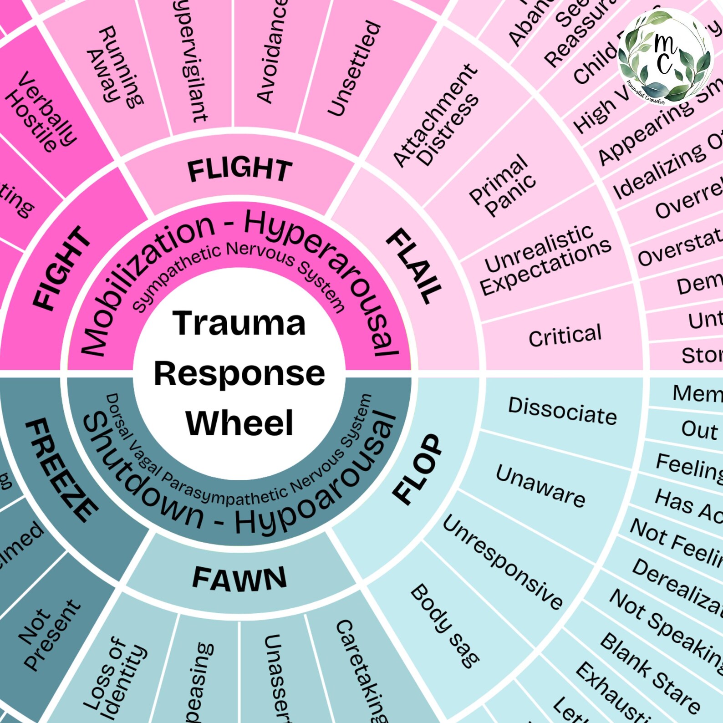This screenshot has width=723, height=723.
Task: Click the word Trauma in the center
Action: coord(239,324)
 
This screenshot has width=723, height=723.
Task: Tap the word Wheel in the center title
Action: coord(239,423)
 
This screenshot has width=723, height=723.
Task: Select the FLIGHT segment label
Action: coord(239,170)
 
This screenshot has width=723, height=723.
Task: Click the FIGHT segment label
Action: coord(62,269)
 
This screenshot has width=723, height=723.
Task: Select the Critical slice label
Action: coord(565,336)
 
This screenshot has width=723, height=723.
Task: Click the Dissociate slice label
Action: coord(562,411)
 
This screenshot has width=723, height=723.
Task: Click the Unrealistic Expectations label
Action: coord(545,260)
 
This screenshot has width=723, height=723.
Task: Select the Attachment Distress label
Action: coord(436,116)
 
